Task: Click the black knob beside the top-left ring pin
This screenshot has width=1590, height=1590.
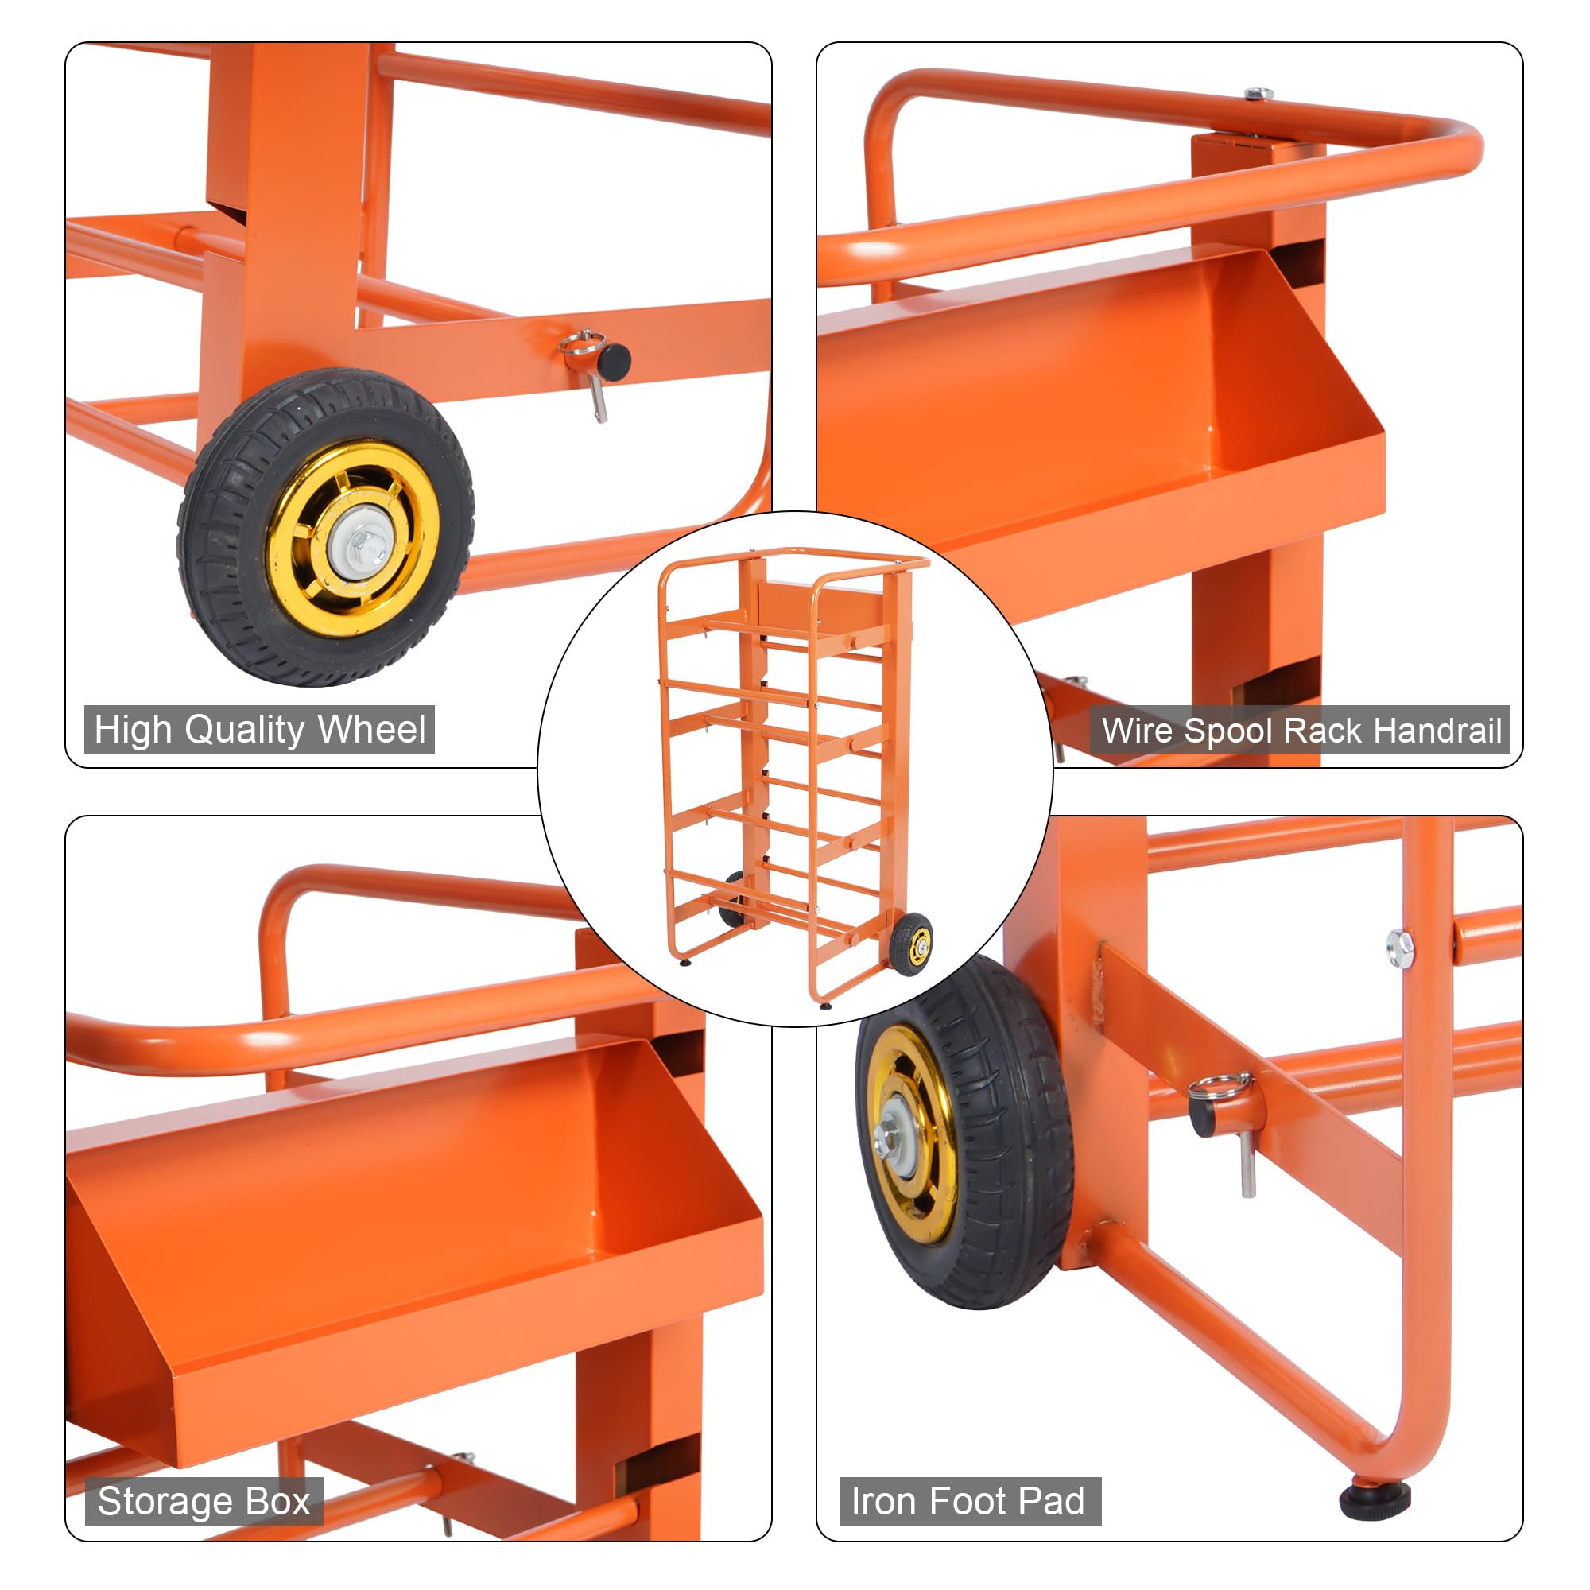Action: [614, 360]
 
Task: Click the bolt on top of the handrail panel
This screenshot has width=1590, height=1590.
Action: [1258, 94]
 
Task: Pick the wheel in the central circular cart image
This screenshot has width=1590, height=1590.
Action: [911, 944]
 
